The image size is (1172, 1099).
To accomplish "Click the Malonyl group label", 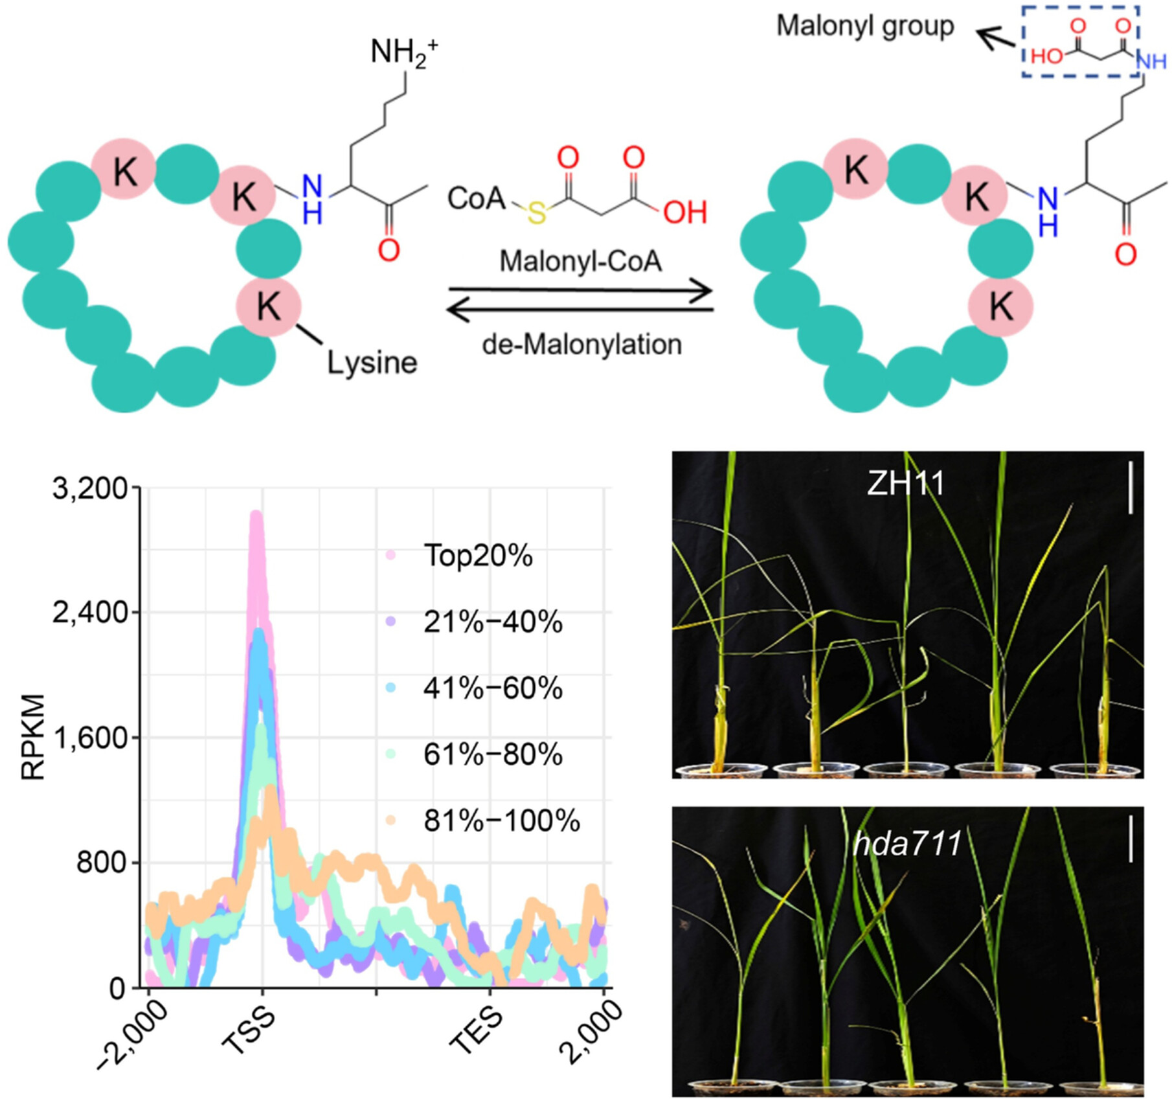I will (x=864, y=27).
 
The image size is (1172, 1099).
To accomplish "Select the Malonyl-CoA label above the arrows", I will (x=581, y=261).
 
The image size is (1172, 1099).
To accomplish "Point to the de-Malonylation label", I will (x=581, y=344).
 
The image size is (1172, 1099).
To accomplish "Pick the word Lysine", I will (x=372, y=363).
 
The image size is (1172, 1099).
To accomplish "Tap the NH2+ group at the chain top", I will (x=403, y=51).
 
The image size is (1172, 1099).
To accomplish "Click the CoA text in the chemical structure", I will (x=476, y=198).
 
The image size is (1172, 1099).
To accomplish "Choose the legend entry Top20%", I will (x=477, y=556).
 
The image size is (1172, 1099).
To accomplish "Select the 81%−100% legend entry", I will (x=501, y=821).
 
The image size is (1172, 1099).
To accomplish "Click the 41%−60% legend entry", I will (x=493, y=688).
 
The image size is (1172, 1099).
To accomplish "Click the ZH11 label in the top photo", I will (x=905, y=483).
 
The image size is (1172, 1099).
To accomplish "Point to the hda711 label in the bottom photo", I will (x=907, y=844).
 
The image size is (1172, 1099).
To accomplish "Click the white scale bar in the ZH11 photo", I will (x=1131, y=487).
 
